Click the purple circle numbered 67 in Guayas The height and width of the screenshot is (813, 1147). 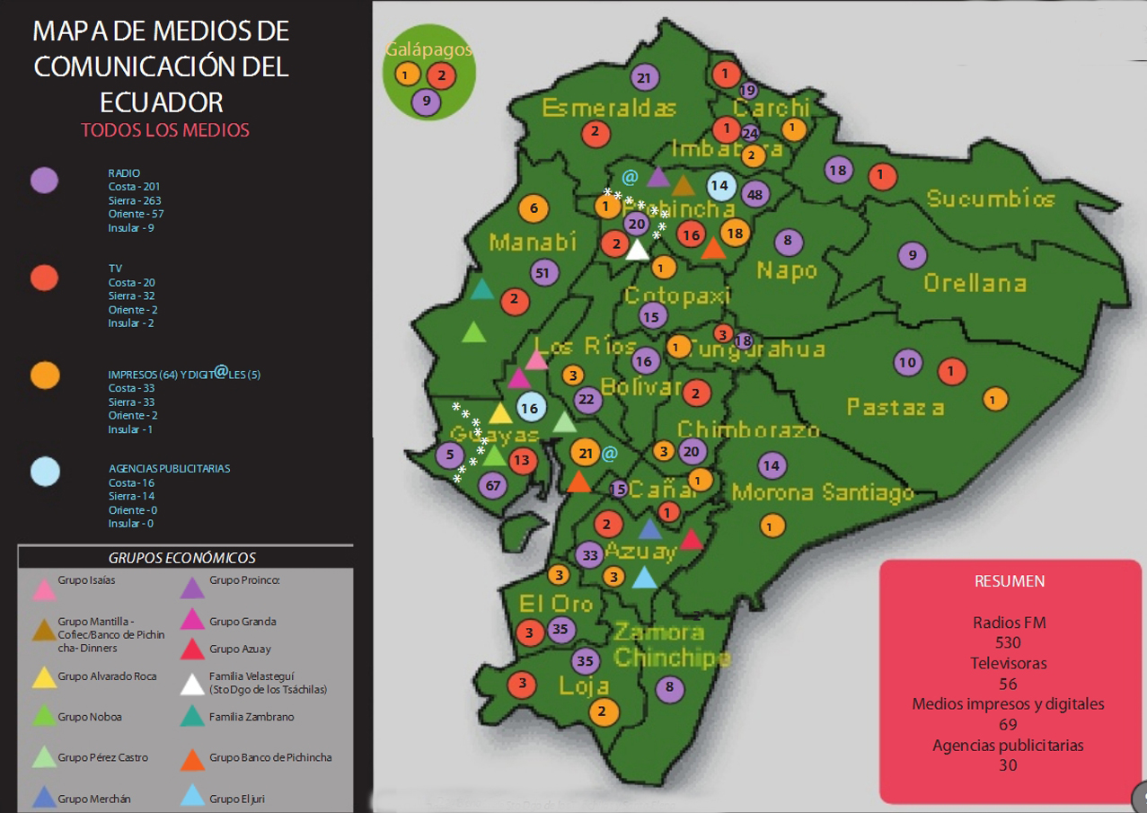(493, 486)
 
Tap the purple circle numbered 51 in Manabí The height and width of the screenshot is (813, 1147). (543, 272)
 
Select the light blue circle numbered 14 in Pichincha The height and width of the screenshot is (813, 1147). (719, 187)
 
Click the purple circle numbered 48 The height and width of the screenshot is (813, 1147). (754, 194)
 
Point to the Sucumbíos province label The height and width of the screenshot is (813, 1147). (990, 199)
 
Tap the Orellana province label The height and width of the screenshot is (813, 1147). (975, 283)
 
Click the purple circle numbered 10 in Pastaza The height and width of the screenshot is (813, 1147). (908, 363)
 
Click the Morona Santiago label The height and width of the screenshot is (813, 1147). (822, 492)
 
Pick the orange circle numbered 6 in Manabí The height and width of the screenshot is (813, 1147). (534, 208)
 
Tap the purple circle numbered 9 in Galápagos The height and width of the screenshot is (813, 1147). (427, 102)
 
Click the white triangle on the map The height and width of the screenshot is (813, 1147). (637, 250)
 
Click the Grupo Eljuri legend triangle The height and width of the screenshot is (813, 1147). (193, 797)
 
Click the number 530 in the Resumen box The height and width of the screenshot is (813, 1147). (1009, 642)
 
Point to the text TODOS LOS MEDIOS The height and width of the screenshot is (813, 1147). (165, 130)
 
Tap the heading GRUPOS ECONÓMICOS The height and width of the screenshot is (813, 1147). (182, 558)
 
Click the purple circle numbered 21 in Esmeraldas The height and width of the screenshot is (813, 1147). (643, 78)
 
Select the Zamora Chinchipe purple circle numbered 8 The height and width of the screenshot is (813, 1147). (670, 689)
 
